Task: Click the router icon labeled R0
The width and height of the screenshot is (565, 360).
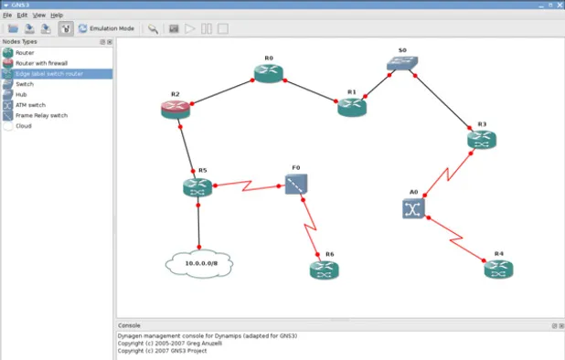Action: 269,75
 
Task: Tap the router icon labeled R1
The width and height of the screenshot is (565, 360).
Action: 352,108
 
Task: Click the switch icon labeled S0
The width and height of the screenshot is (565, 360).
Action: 400,64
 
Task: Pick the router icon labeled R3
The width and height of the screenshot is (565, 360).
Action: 482,140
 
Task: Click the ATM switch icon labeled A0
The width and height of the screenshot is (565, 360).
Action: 413,208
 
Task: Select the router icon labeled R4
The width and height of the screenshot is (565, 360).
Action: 498,270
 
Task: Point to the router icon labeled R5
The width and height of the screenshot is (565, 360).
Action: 197,187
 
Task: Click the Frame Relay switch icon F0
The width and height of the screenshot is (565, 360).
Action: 296,185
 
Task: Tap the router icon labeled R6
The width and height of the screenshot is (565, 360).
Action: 324,270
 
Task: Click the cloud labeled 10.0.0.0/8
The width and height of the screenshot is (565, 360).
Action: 198,263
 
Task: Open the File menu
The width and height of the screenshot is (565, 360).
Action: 7,16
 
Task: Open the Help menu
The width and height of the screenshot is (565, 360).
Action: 57,16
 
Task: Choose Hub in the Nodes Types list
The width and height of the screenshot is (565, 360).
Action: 21,94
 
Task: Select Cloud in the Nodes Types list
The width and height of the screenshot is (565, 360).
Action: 23,126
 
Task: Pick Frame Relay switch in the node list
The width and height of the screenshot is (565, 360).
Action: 41,115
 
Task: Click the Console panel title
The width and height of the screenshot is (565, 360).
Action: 129,325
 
